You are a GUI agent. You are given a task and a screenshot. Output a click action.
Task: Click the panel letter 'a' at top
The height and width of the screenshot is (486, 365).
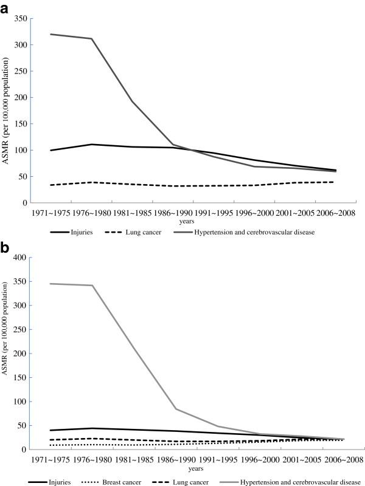5,7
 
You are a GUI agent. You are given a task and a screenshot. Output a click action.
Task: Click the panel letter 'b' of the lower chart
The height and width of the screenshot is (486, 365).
5,248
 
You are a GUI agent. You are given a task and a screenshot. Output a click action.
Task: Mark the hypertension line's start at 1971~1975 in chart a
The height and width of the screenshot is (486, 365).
51,34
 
